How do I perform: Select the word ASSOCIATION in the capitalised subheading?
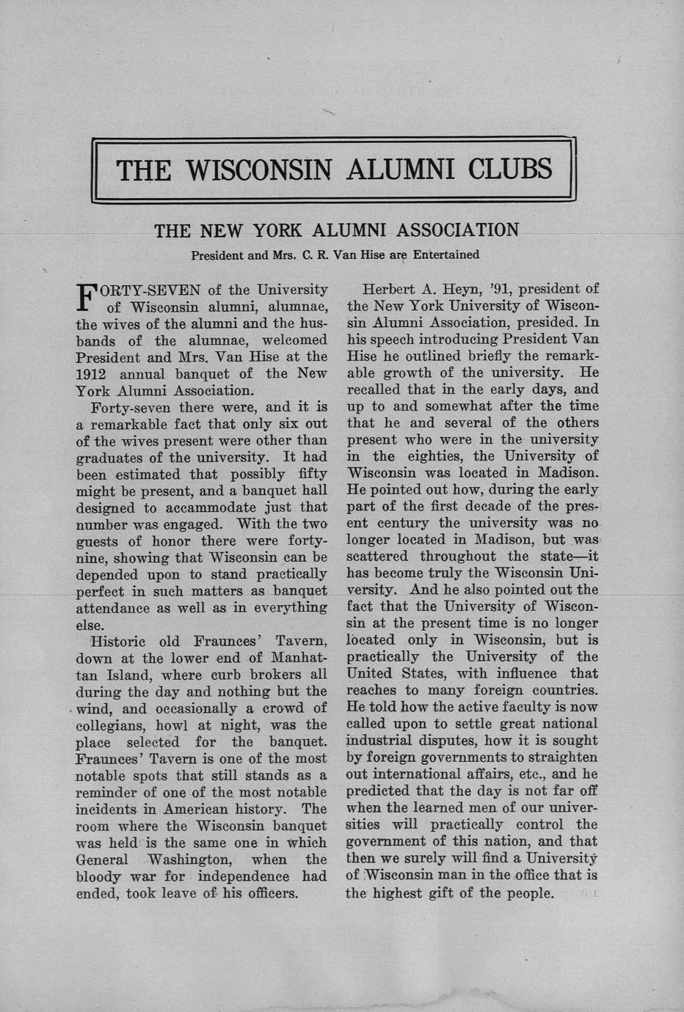456,230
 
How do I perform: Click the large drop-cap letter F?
87,297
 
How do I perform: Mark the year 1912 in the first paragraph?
92,374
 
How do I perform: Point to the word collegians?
113,725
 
